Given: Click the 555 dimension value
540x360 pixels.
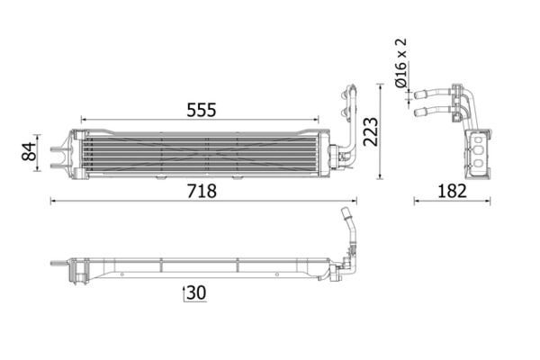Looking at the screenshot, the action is [202, 110].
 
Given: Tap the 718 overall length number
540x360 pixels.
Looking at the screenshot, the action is [202, 191].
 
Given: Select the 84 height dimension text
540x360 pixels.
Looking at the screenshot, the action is [29, 151].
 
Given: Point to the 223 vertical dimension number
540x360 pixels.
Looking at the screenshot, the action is [371, 132].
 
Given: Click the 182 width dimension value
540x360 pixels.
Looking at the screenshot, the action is [452, 191].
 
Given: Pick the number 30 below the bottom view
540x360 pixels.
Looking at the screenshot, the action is [196, 292].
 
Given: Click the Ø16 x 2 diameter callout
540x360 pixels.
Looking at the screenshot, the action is [400, 63].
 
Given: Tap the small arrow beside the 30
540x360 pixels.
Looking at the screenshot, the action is [184, 293].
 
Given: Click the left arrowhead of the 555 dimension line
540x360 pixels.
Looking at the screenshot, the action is [84, 120].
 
